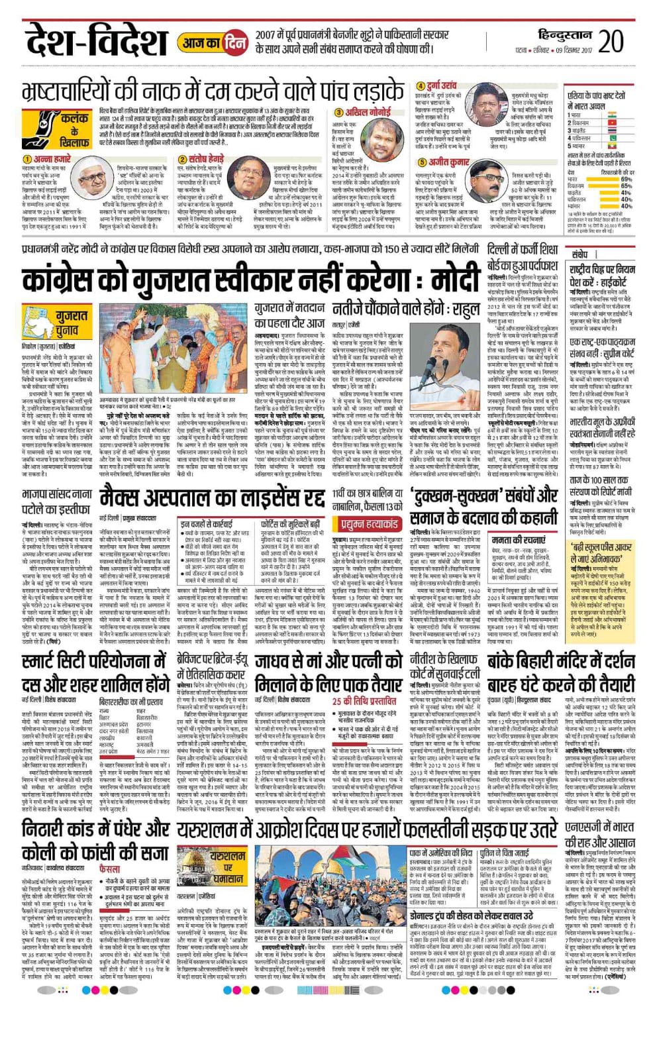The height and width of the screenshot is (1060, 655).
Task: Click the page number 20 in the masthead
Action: click(611, 40)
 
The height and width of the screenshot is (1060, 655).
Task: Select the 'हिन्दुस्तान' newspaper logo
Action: click(564, 35)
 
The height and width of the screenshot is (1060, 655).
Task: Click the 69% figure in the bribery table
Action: click(626, 180)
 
